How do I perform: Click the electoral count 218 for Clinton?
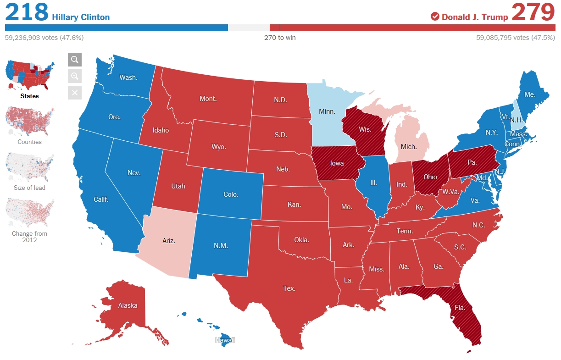27,12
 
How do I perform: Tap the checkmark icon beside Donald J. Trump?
435,17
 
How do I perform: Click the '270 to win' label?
280,38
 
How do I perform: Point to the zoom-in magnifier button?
75,60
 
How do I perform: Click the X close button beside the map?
75,93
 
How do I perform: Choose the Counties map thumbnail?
30,122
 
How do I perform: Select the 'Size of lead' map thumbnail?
30,167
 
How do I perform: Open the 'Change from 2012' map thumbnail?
30,213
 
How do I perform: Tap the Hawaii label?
225,340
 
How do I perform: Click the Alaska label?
128,305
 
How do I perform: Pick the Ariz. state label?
168,240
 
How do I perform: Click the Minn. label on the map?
327,111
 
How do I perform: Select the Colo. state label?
231,194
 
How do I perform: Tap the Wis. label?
365,129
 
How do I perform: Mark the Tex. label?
289,288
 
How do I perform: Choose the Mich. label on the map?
409,147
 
